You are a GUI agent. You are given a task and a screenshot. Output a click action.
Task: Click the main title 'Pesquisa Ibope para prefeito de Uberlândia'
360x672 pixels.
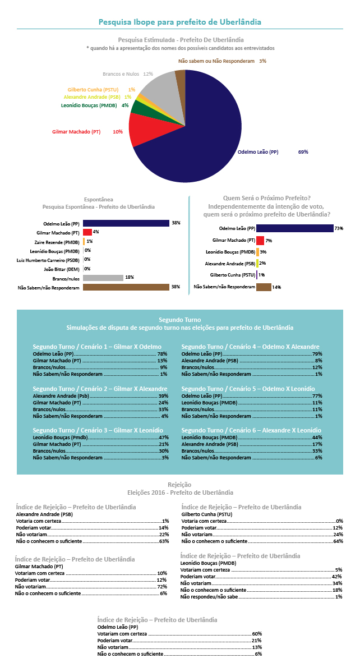179,21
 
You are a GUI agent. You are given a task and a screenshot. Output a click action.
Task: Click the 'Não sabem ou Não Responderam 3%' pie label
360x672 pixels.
222,61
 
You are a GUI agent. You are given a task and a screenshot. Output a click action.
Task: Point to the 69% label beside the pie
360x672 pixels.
303,151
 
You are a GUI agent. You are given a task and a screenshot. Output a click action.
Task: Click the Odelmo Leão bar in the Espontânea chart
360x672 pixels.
126,223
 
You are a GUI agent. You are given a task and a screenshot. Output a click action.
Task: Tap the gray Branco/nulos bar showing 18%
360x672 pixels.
103,278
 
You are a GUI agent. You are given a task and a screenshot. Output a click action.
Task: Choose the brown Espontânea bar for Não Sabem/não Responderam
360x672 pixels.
126,287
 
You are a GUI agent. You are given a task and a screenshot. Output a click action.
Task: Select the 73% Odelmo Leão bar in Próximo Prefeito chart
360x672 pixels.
295,228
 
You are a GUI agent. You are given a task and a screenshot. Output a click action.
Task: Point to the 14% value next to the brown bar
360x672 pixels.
277,288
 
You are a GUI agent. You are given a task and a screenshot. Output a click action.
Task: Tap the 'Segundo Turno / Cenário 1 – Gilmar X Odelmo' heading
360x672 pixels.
97,346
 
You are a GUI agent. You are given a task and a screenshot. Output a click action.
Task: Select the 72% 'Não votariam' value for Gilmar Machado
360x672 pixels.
163,586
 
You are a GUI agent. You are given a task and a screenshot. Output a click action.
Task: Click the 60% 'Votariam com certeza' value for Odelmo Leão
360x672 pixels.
257,633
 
